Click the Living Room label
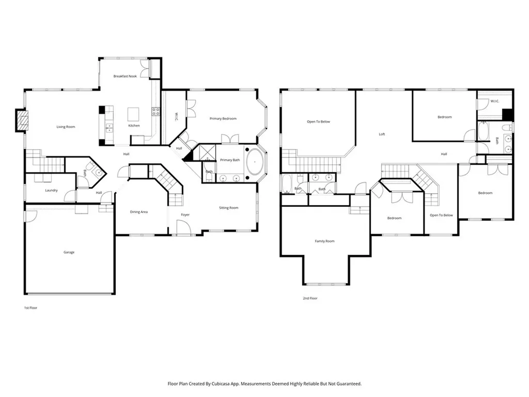66,127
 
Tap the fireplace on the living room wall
22,120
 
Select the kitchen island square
133,114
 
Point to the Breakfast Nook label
125,77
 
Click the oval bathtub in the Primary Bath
255,162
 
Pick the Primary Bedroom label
223,119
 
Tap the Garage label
69,252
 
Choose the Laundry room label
51,190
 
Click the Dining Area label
138,212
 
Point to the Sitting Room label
229,208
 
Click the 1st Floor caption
30,308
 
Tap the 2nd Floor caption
310,298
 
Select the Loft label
382,134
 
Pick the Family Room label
324,241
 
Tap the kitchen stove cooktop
155,112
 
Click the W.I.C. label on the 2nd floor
494,101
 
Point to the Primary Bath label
230,160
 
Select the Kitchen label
134,126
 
